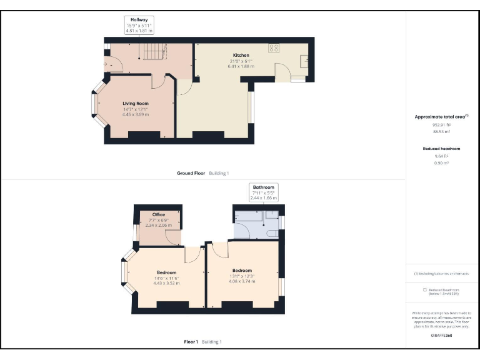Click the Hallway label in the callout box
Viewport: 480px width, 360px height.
coord(139,20)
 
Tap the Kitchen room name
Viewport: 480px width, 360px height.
coord(241,56)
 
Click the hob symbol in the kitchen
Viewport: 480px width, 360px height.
coord(274,47)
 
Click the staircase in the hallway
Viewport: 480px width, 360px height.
coord(152,51)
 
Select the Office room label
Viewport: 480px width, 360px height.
coord(158,214)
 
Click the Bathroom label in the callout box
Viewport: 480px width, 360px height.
coord(263,187)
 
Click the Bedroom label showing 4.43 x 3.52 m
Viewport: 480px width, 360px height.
coord(166,272)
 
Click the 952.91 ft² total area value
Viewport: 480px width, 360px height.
coord(442,125)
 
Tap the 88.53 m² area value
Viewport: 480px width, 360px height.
coord(442,131)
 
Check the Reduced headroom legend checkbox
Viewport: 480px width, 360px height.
coord(425,289)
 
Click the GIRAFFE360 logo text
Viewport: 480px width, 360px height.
coord(441,336)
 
